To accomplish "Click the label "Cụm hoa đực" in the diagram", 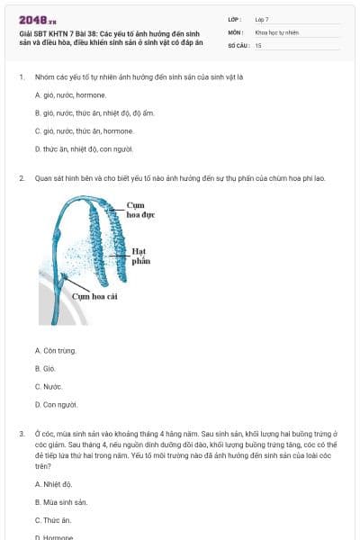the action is tap(141, 211).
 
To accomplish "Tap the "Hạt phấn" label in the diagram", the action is tap(139, 256).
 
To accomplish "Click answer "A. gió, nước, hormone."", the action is tap(70, 94).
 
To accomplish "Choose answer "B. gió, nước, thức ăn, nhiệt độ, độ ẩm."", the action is tap(94, 112).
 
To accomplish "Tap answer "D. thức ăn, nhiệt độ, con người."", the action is tap(84, 148).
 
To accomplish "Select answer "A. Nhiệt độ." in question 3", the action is tap(53, 484).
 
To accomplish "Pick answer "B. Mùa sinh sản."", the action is tap(60, 502).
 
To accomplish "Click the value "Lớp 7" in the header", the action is tap(262, 19).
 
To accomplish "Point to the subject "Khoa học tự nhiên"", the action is tap(275, 31).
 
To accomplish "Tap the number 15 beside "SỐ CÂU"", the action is tap(258, 44).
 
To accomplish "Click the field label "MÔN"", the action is tap(235, 31).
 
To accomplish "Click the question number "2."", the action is tap(21, 178).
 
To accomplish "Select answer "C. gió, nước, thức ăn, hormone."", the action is tap(84, 130).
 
